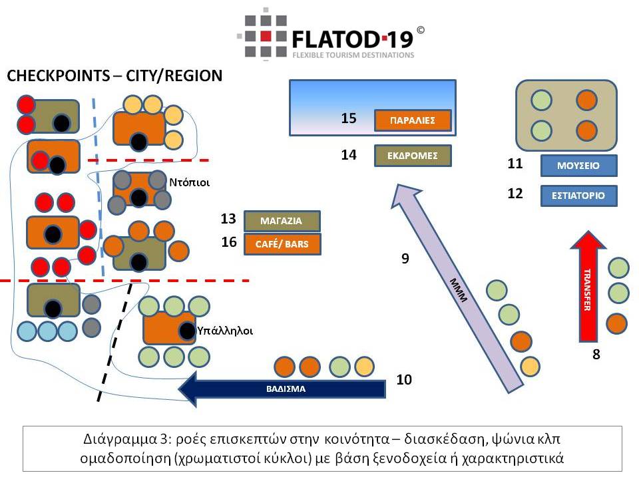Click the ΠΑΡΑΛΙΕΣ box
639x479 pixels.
413,120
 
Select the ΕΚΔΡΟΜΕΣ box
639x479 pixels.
413,156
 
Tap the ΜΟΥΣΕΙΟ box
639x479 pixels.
579,165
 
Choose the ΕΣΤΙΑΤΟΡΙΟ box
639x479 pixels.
579,196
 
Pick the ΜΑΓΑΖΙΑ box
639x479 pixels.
282,221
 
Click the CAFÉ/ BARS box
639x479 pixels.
282,244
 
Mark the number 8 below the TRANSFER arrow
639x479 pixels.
596,355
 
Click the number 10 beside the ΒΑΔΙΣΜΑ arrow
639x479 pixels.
405,380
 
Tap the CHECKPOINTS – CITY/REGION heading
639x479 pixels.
114,76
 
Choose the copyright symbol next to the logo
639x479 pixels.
420,30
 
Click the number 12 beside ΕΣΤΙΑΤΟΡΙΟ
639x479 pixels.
515,194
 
